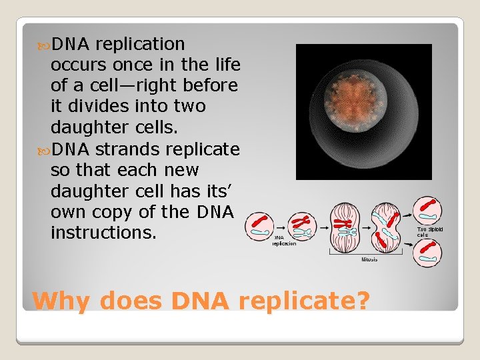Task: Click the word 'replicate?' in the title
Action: (303, 301)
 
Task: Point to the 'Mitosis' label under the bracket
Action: (369, 259)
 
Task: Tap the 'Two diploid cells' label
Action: (429, 232)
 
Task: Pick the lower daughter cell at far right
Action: (427, 253)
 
